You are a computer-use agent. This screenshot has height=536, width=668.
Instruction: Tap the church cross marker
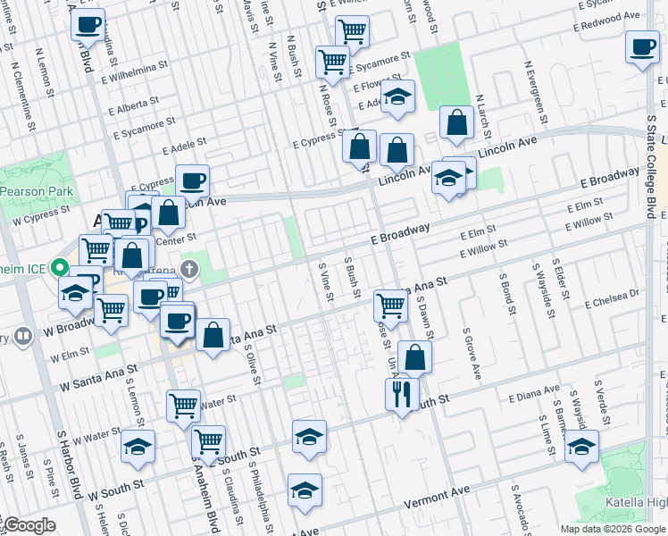tap(188, 268)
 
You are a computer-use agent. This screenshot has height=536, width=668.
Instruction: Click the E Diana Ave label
tap(534, 393)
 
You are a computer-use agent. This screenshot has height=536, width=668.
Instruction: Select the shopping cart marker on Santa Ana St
tap(390, 305)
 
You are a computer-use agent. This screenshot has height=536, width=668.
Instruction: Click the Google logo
tap(29, 526)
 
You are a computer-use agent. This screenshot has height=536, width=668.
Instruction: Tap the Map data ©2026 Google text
tap(612, 529)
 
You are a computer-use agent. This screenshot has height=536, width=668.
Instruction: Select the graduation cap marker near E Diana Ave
tap(581, 446)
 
